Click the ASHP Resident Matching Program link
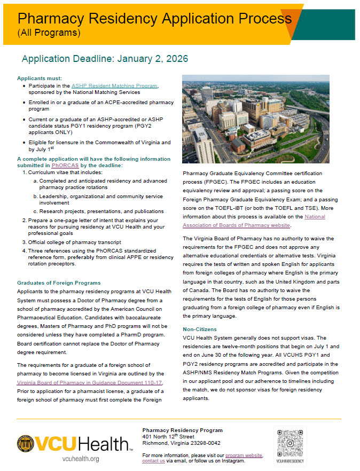(114, 85)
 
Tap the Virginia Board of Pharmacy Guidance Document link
(90, 382)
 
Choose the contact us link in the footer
(153, 461)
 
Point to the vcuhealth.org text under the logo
(81, 459)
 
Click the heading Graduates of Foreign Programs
(59, 282)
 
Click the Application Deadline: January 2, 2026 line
(105, 58)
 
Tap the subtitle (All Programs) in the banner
(49, 33)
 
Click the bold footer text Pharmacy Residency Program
(182, 430)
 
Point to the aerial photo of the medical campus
(255, 119)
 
